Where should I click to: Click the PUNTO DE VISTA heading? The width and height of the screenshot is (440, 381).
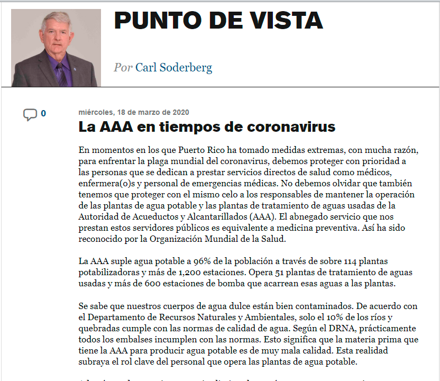pyautogui.click(x=218, y=21)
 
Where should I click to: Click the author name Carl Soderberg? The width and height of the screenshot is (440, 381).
pyautogui.click(x=174, y=68)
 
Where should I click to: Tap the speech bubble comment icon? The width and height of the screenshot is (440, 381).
pyautogui.click(x=30, y=114)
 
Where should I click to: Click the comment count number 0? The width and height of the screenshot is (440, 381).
pyautogui.click(x=43, y=113)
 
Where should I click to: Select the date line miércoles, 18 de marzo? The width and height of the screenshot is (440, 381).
pyautogui.click(x=133, y=112)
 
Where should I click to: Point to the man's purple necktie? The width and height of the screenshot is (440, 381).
pyautogui.click(x=61, y=74)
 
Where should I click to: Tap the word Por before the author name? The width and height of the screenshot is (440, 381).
pyautogui.click(x=123, y=68)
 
